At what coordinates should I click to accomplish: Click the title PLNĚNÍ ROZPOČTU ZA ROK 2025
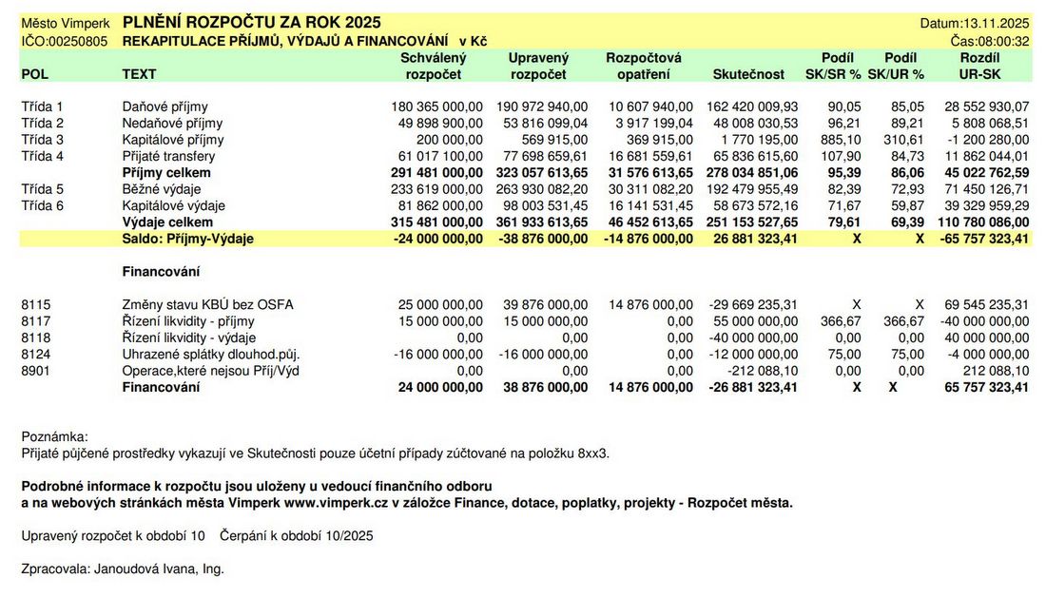pyautogui.click(x=251, y=22)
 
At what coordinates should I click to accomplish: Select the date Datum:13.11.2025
pyautogui.click(x=975, y=23)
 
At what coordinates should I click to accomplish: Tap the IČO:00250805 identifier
pyautogui.click(x=64, y=41)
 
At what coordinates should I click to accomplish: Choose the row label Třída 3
pyautogui.click(x=42, y=140)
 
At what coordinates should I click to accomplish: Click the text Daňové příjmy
pyautogui.click(x=165, y=107)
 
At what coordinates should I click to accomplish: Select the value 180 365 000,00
pyautogui.click(x=436, y=107)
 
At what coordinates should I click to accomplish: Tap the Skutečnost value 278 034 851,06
pyautogui.click(x=752, y=173)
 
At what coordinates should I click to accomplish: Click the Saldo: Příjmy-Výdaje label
pyautogui.click(x=187, y=239)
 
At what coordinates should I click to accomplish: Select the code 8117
pyautogui.click(x=35, y=321)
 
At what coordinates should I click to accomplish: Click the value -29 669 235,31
pyautogui.click(x=753, y=305)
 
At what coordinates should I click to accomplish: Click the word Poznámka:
pyautogui.click(x=54, y=436)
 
